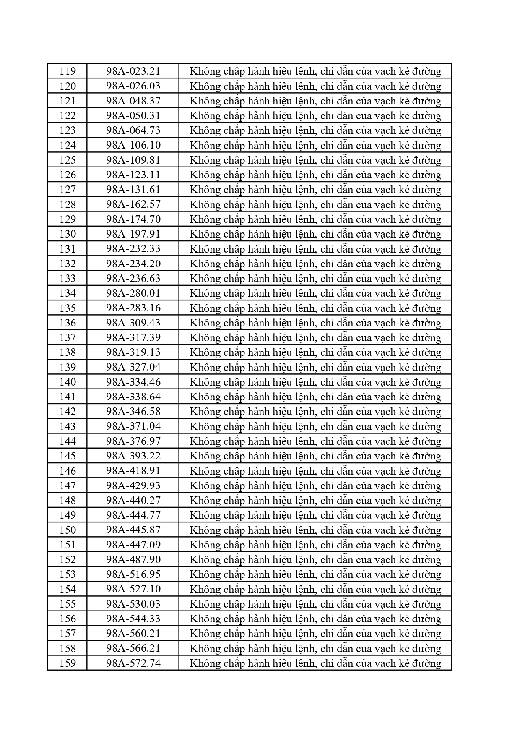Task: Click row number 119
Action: coord(68,71)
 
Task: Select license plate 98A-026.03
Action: coord(133,86)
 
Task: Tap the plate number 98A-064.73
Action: coord(133,130)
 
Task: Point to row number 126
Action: coord(68,175)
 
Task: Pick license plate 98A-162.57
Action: coord(133,204)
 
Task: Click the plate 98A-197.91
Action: coord(133,234)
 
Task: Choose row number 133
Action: coord(68,279)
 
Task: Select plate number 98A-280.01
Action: coord(133,293)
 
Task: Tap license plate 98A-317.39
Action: coord(133,338)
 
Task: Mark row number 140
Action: coord(68,382)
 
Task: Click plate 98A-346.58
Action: coord(133,412)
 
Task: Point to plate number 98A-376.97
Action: coord(133,441)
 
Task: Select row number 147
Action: coord(68,486)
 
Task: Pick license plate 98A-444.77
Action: coord(133,515)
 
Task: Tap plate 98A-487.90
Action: coord(133,560)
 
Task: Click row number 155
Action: coord(68,604)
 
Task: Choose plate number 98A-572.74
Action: coord(133,663)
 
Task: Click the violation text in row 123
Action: coord(315,130)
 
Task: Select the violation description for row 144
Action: coord(315,441)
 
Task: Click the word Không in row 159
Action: coord(205,663)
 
